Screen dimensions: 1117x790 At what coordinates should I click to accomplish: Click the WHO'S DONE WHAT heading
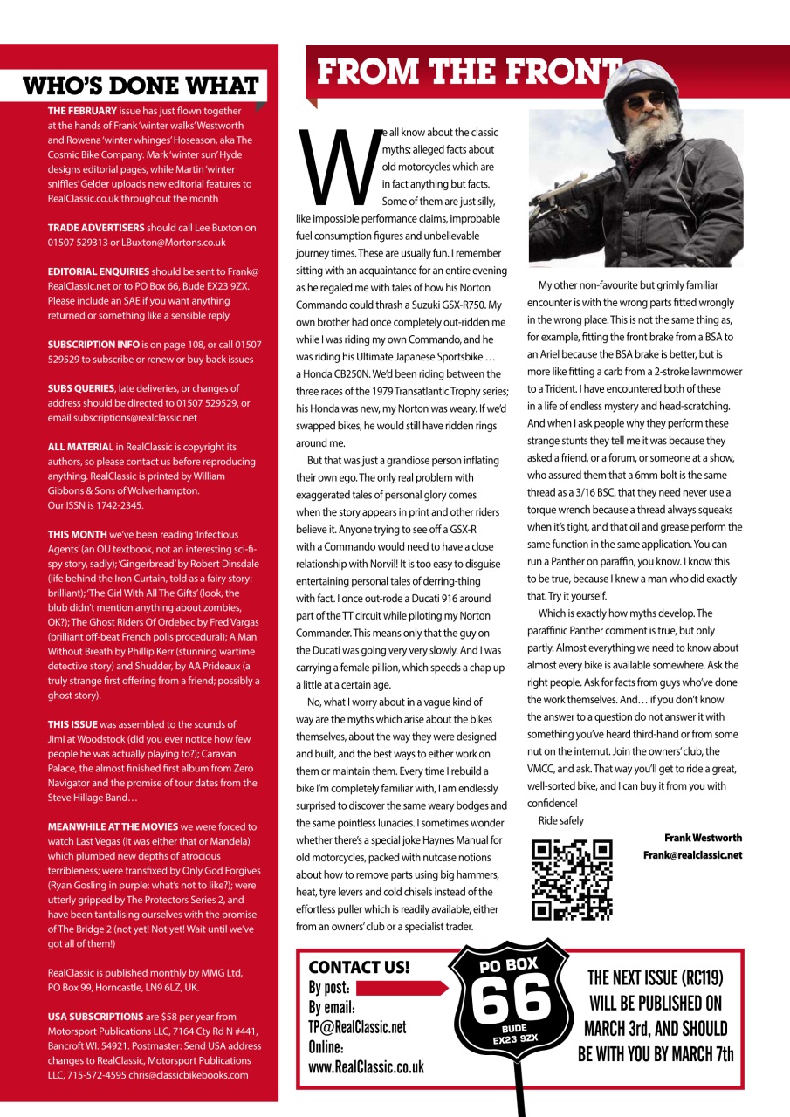click(x=141, y=86)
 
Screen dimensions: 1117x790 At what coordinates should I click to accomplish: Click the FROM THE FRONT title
click(x=467, y=72)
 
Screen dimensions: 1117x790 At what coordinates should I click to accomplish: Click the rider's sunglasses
click(x=646, y=103)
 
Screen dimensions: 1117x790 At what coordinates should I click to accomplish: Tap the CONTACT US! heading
click(x=359, y=966)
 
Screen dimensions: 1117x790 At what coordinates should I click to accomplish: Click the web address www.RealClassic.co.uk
click(x=367, y=1066)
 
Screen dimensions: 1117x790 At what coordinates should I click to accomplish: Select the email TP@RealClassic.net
click(x=357, y=1027)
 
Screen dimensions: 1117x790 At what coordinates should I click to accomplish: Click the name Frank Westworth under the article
click(x=703, y=838)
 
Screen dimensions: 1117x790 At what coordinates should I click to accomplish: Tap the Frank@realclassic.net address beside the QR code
click(x=692, y=855)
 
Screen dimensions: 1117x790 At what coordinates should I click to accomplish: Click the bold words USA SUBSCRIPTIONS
click(x=95, y=1017)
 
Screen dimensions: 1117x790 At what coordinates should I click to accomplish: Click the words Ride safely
click(x=561, y=820)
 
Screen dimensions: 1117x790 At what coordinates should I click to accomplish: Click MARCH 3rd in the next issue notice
click(x=623, y=1028)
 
